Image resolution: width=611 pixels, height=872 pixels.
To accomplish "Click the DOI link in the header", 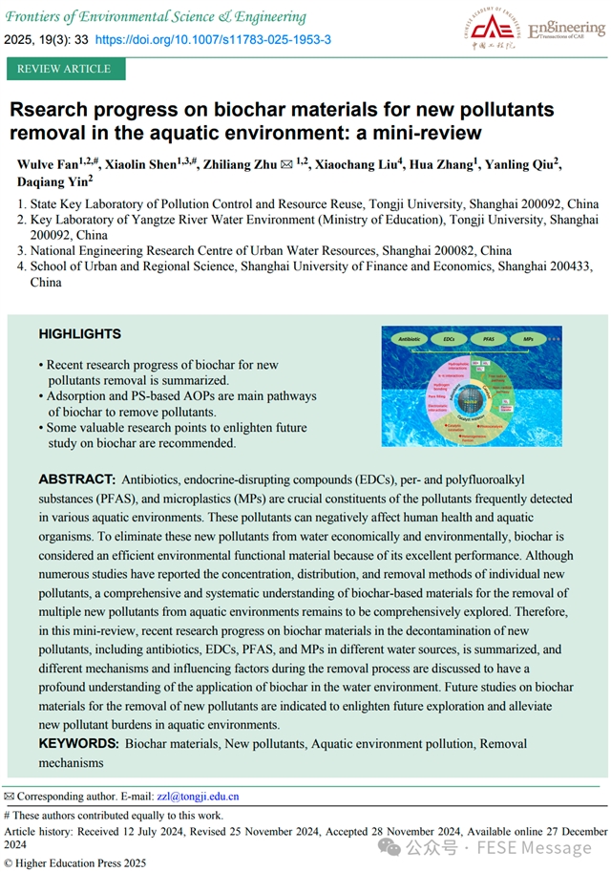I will click(x=214, y=40).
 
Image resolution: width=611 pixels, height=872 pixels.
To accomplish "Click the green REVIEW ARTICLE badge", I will click(x=65, y=69).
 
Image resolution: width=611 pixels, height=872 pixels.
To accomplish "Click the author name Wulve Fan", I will click(x=48, y=165).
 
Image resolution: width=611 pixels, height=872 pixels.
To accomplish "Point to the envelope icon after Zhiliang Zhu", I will click(x=285, y=165).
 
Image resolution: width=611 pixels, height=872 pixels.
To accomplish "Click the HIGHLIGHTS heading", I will click(x=80, y=334).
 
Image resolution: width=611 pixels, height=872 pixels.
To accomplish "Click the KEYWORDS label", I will click(x=79, y=742).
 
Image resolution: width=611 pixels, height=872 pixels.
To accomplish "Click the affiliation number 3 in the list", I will click(x=22, y=251).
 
